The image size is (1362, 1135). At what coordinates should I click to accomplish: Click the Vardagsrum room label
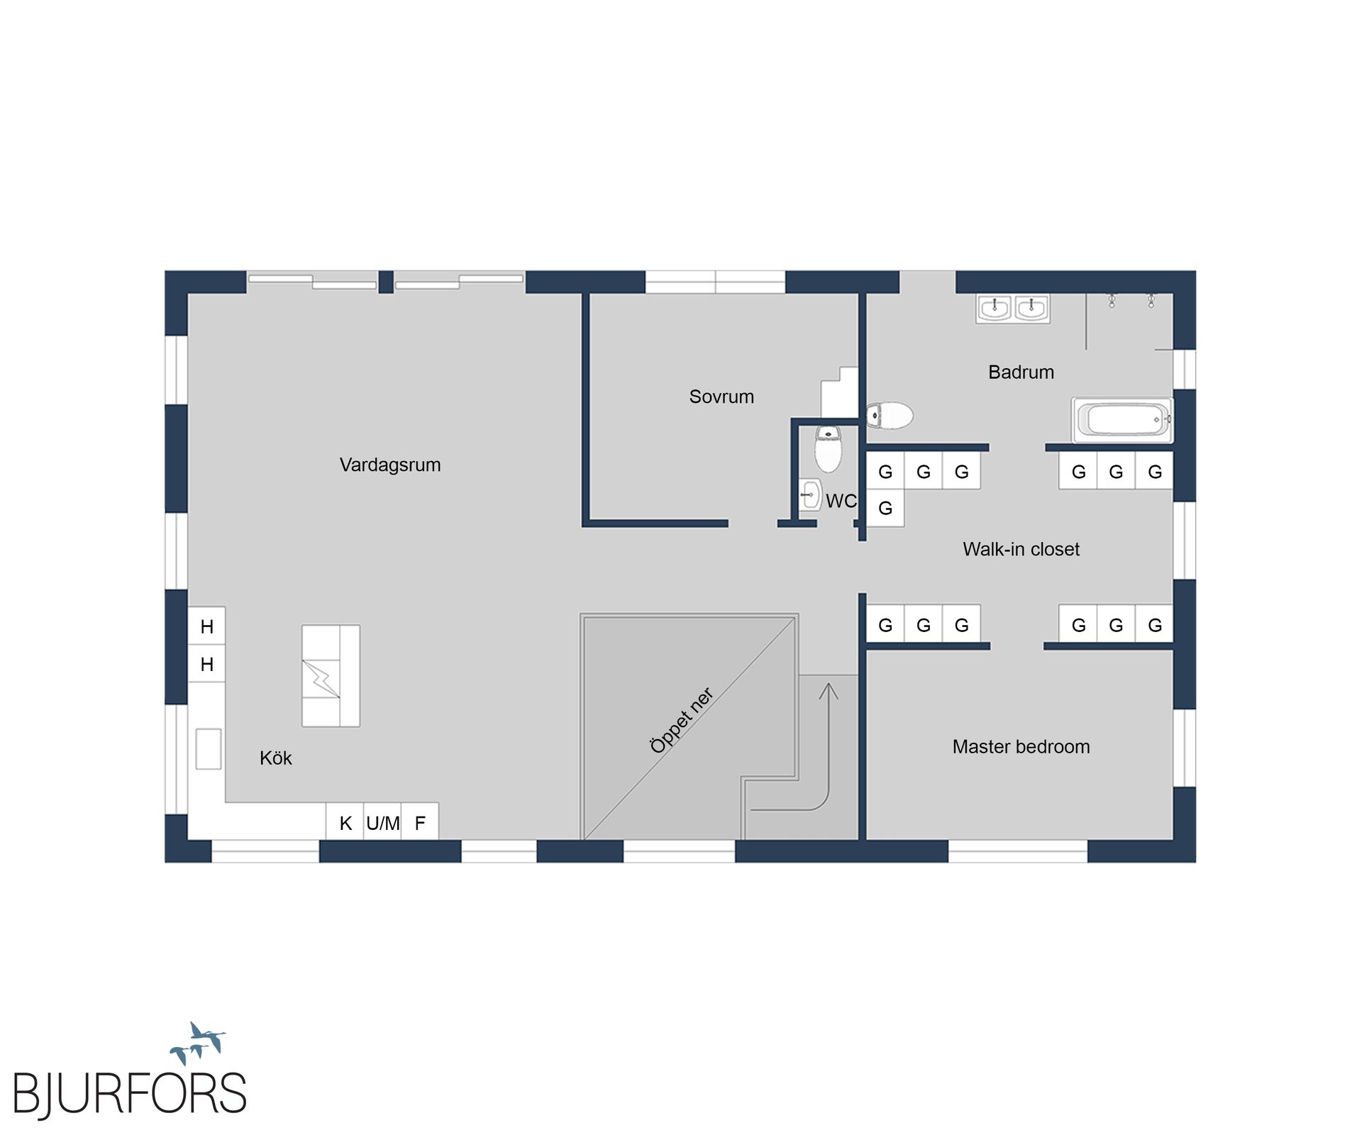(390, 465)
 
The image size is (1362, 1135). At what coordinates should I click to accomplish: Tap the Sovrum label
(721, 397)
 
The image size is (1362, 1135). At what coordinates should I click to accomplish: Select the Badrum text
(1021, 372)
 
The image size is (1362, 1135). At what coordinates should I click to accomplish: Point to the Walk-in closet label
(1021, 549)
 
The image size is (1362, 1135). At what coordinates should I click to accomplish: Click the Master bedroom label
(1021, 746)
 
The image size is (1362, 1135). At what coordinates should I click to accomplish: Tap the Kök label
(276, 758)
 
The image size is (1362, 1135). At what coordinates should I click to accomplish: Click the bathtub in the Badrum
(1122, 420)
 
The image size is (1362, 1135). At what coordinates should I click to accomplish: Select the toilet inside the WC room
(828, 449)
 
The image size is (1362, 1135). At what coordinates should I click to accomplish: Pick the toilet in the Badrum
(890, 416)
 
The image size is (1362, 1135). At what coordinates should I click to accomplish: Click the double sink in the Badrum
(1013, 309)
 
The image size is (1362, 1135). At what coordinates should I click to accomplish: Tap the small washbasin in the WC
(810, 494)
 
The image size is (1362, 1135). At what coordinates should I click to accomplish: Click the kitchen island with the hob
(331, 675)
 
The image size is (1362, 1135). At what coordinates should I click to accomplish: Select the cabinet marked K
(345, 822)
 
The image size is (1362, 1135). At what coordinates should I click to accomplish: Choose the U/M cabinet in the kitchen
(382, 822)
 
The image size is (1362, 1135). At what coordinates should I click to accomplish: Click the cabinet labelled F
(420, 822)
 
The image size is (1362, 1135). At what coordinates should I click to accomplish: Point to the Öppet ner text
(682, 720)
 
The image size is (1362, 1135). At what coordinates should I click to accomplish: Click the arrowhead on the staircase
(829, 690)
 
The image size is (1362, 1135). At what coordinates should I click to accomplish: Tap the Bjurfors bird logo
(198, 1043)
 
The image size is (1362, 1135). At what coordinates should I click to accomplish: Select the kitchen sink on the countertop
(209, 748)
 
